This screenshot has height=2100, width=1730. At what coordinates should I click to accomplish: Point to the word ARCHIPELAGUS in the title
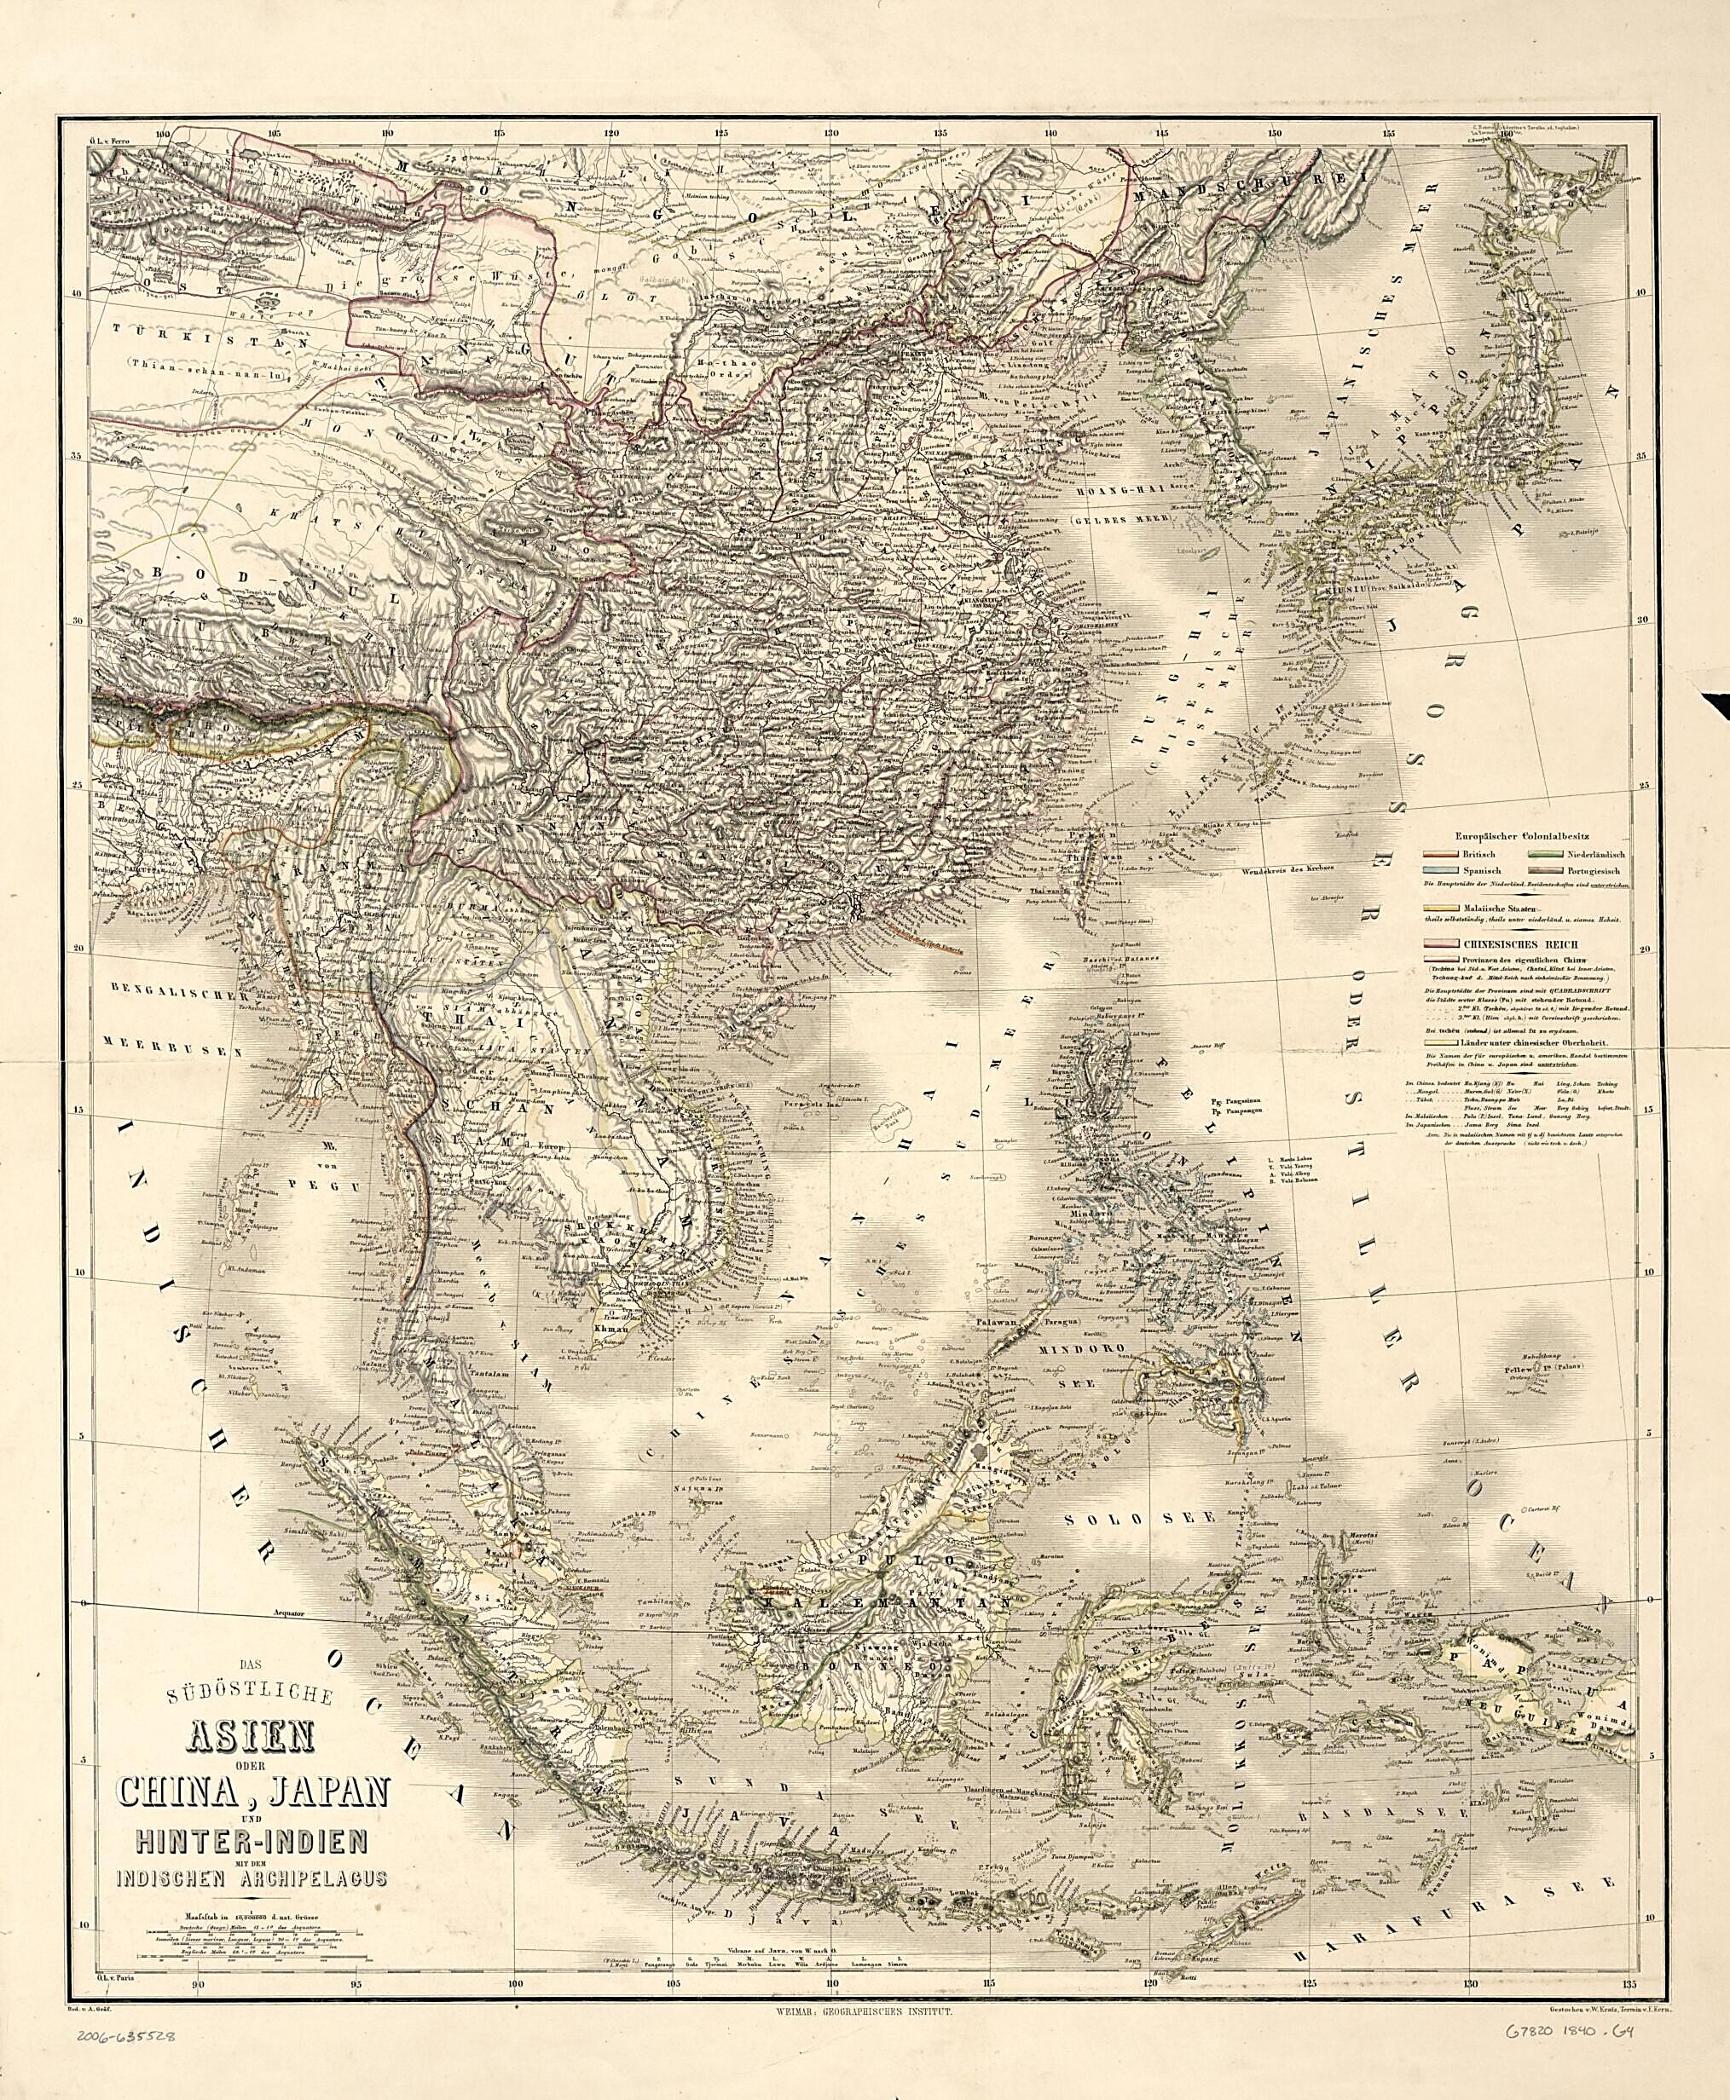[x=295, y=1880]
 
